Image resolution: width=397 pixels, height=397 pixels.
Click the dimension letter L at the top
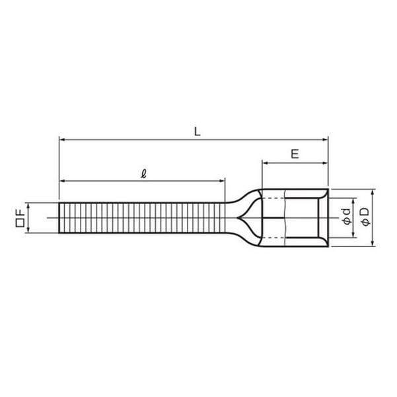click(198, 131)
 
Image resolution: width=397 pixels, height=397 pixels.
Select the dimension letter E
click(295, 154)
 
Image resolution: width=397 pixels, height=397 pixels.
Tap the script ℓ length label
click(143, 174)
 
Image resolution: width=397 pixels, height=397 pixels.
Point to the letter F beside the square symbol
click(20, 212)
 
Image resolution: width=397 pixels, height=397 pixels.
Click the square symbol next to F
click(20, 223)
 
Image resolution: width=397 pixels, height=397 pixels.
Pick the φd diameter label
click(346, 216)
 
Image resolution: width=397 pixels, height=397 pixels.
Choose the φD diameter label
click(365, 216)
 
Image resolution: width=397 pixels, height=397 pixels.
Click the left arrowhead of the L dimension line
click(62, 139)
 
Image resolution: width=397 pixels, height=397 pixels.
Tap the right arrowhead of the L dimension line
click(325, 139)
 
